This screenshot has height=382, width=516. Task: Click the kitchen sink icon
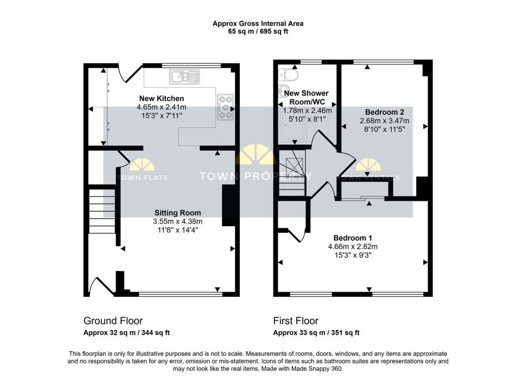pos(184,77)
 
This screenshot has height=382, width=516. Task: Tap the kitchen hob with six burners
pos(225,107)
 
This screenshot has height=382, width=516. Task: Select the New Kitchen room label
pos(162,98)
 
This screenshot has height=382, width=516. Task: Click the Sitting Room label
pos(178,213)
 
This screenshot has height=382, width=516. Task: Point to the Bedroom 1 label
pos(353,238)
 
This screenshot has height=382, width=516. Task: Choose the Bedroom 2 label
pos(384,112)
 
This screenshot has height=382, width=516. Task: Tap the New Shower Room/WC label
pos(307,97)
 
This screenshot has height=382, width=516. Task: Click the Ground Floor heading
pos(113,321)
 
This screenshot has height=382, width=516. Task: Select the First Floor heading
pos(296,321)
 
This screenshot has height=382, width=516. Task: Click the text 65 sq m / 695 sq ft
pos(258,32)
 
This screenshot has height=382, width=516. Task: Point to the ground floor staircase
pos(102,211)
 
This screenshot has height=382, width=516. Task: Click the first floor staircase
pos(292,173)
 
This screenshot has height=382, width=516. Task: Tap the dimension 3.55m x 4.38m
pos(178,221)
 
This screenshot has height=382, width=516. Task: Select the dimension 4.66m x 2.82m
pos(353,246)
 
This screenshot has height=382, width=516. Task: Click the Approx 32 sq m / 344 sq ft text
pos(126,333)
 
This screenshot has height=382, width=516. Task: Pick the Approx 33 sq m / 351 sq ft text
pos(316,333)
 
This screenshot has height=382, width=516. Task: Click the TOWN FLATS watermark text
pos(142,178)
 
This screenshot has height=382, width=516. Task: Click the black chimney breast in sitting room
pos(229,206)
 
